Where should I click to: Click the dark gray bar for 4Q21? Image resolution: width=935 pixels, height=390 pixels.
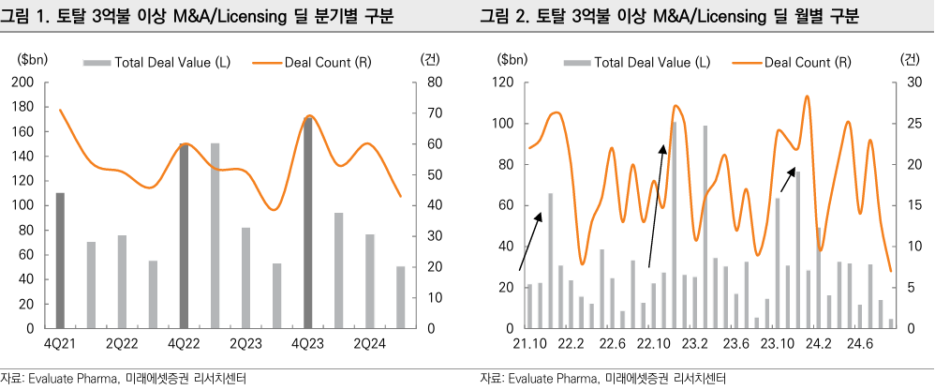coord(60,261)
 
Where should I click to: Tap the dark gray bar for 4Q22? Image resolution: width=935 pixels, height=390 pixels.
coord(184,236)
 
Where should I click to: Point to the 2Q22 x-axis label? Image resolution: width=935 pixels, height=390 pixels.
coord(122,345)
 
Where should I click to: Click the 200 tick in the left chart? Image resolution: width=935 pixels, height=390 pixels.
coord(26,82)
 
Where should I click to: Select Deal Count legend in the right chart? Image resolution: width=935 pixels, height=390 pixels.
coord(807,63)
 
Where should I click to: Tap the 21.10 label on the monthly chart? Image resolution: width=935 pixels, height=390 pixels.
coord(528,345)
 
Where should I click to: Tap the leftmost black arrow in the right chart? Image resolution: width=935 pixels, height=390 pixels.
coord(529,243)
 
